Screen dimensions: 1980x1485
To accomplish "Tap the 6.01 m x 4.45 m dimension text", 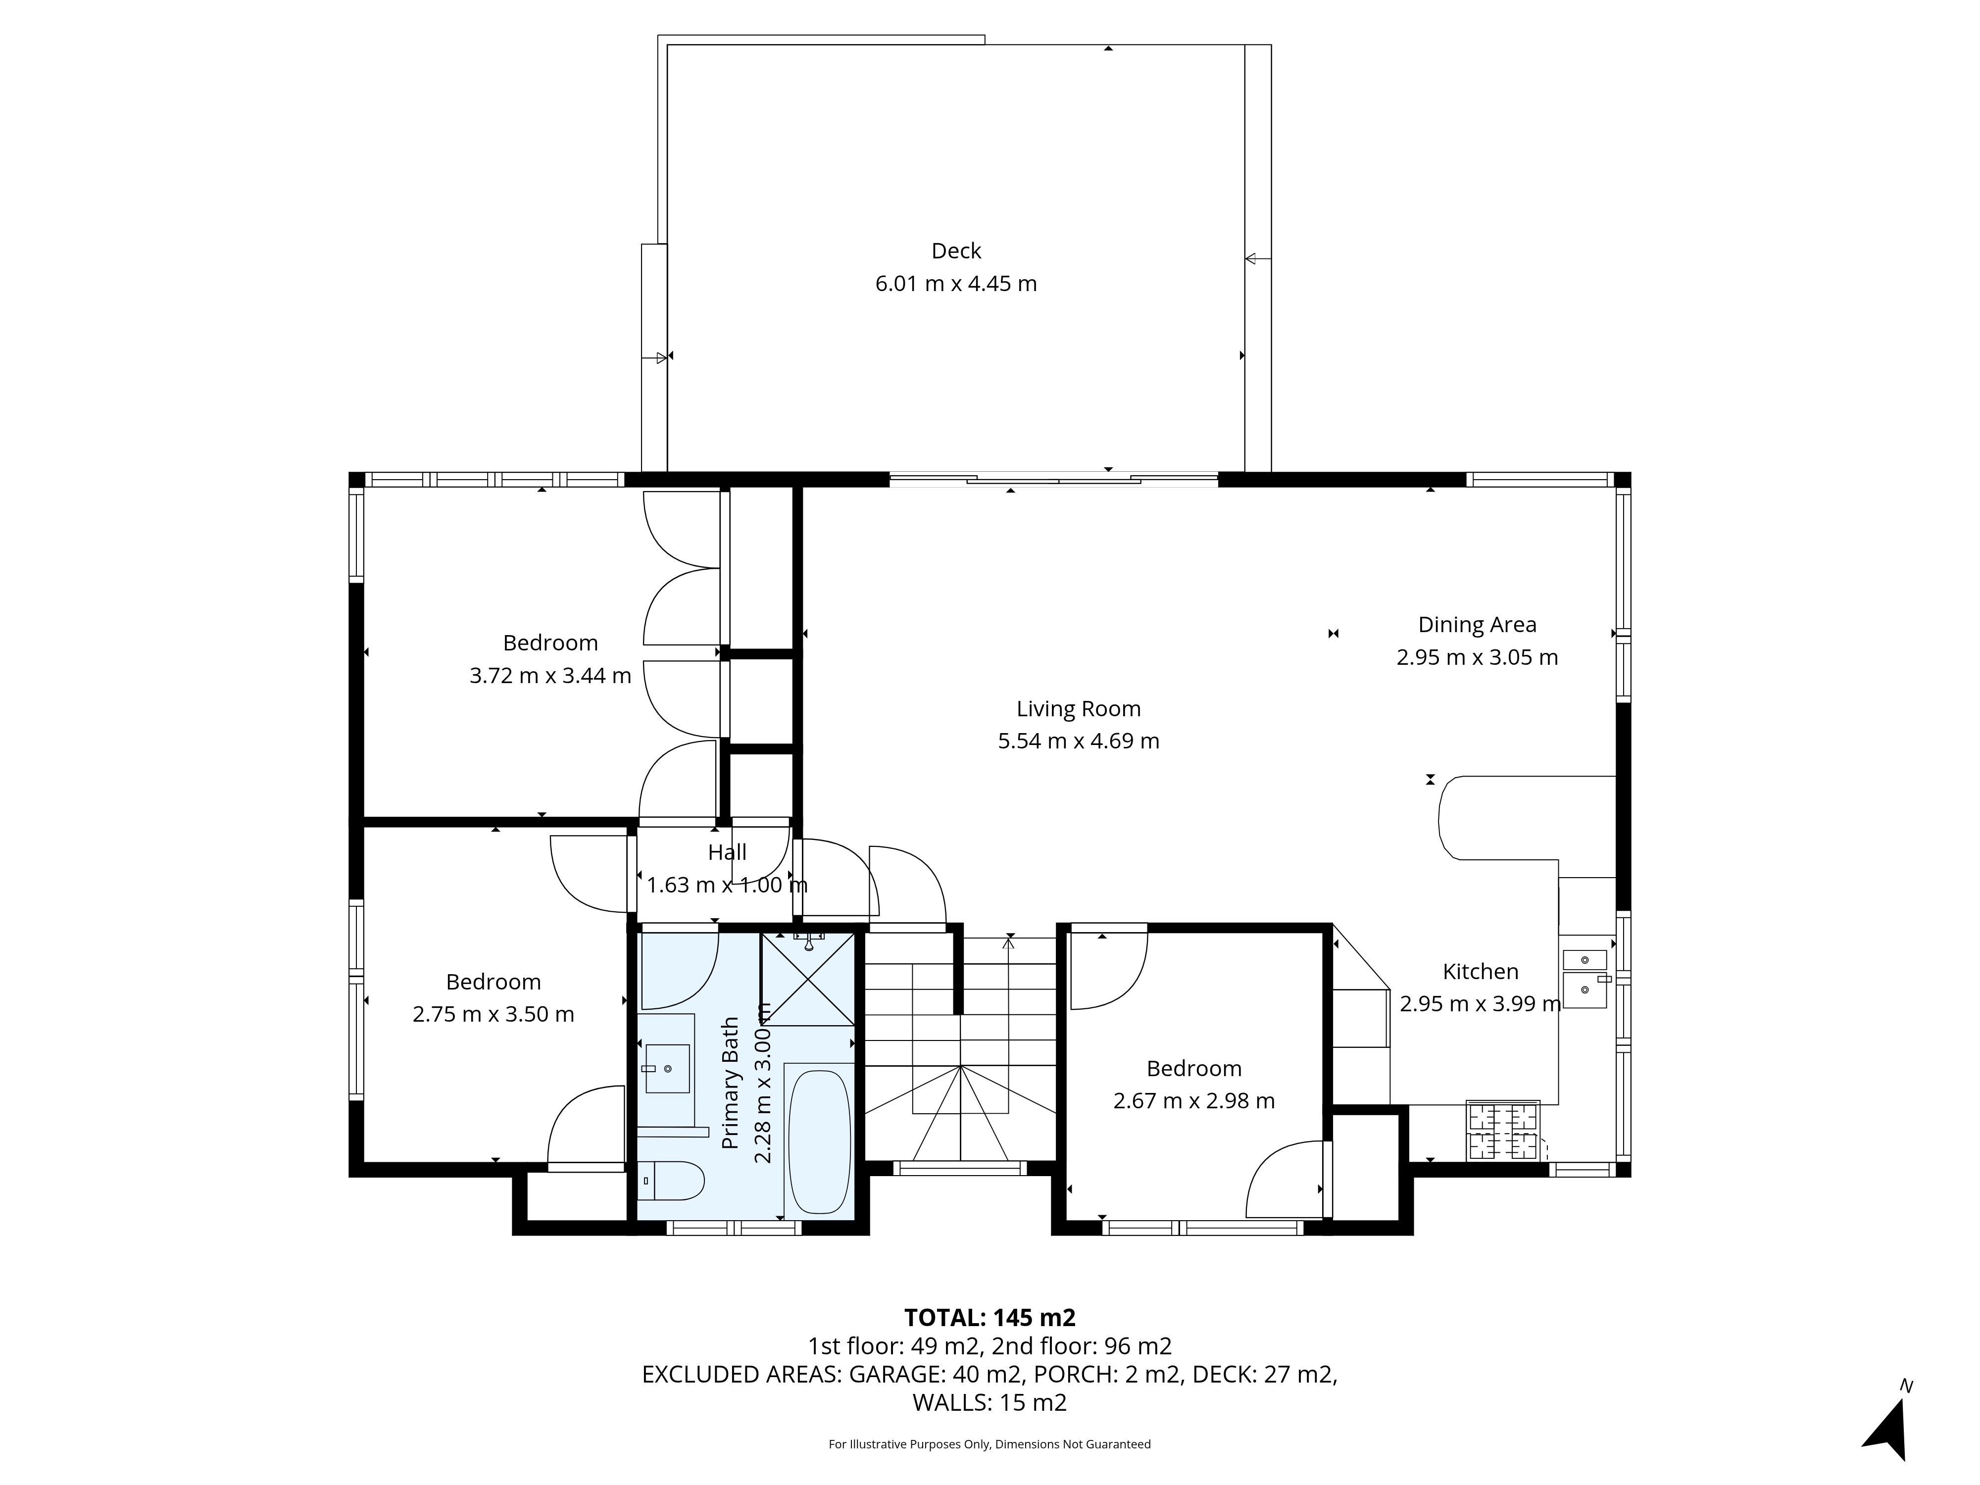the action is click(x=956, y=284).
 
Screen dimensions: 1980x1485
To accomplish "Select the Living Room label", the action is click(x=1079, y=709).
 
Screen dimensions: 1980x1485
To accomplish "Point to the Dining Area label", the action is click(x=1477, y=625).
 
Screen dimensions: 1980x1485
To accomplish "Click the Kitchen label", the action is click(x=1481, y=971).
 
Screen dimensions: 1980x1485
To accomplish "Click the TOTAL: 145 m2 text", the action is click(x=990, y=1318).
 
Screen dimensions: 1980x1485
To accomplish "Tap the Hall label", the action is click(x=727, y=853).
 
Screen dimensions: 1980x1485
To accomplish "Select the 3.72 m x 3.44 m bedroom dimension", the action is click(x=550, y=676).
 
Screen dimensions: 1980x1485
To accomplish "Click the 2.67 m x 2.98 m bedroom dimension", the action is click(x=1194, y=1101).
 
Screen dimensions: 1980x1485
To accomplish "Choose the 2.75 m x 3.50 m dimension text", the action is click(x=493, y=1014).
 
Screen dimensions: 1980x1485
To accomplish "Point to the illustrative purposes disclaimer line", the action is click(x=990, y=1444).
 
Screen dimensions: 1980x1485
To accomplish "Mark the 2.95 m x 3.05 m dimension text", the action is click(x=1477, y=658).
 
